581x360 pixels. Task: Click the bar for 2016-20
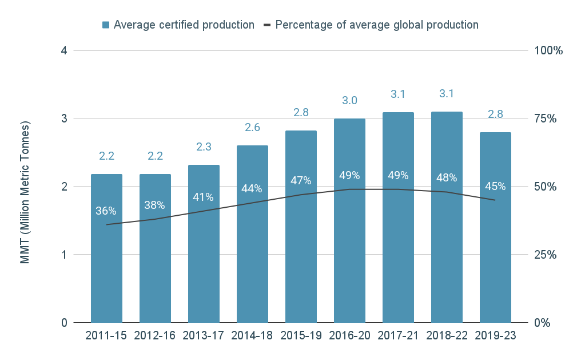pos(349,252)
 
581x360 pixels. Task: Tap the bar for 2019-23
pos(495,258)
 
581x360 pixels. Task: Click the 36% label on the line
pos(106,211)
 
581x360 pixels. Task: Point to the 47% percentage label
pos(301,181)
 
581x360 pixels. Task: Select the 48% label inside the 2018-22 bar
pos(447,177)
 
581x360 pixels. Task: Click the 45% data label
pos(495,186)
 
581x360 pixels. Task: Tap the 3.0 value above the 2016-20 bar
pos(349,101)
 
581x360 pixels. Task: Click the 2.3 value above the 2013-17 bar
pos(204,147)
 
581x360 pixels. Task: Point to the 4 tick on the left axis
pos(64,50)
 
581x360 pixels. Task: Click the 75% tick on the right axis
pos(546,118)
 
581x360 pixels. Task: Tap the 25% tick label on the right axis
pos(546,255)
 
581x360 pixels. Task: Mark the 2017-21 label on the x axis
pos(398,336)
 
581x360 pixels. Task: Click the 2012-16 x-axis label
pos(155,336)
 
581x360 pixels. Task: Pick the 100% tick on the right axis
pos(548,50)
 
